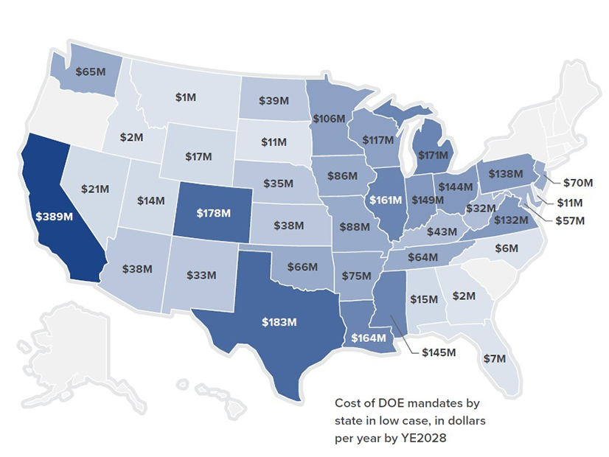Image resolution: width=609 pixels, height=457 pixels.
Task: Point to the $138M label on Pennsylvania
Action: coord(504,174)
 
